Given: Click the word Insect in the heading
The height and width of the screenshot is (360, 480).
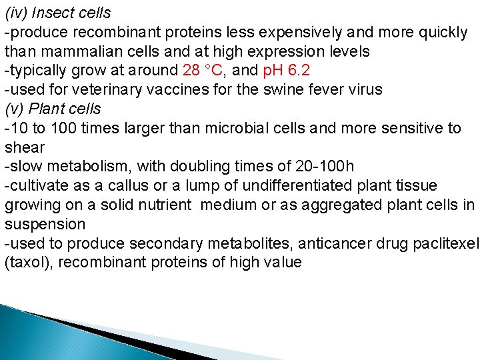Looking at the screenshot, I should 56,13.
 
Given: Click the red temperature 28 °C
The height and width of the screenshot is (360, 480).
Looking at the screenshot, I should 207,70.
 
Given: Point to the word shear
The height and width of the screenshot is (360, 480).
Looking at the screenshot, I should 25,147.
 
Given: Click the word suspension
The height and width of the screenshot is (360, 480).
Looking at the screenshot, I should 45,223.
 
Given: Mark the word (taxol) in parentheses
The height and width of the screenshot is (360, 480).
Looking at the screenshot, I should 29,262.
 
